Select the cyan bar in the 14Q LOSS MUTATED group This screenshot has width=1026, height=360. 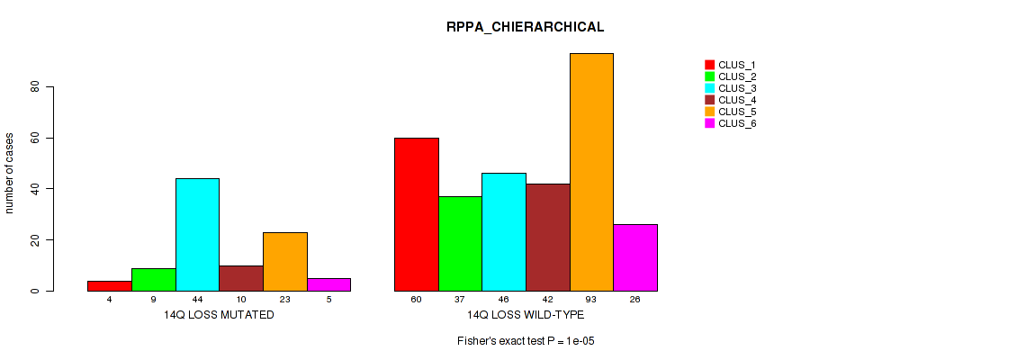point(197,234)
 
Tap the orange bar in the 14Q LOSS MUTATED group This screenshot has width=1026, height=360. point(285,261)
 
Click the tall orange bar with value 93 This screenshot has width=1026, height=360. point(591,171)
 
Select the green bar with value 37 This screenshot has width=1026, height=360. point(460,243)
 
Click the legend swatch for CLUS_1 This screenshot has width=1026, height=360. point(709,65)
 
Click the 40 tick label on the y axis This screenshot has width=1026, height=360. point(35,189)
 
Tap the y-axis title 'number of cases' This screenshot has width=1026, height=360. point(10,174)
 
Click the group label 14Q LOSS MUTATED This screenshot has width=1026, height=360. point(219,315)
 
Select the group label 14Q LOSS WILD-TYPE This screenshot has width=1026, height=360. point(526,315)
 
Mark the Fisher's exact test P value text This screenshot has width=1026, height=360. point(526,341)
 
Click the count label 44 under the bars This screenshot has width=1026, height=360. point(197,299)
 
